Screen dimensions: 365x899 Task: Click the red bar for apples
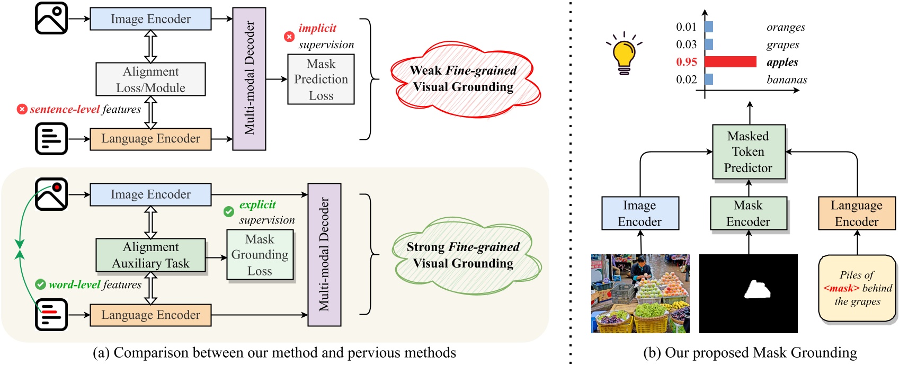(x=730, y=62)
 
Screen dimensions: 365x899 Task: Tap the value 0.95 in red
(x=686, y=62)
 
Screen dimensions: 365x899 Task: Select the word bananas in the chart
(x=787, y=79)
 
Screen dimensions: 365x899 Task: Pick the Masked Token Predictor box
(x=748, y=152)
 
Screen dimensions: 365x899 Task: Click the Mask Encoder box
(x=748, y=213)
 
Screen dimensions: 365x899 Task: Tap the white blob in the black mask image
(x=757, y=290)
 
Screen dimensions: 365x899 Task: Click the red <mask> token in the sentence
(x=841, y=288)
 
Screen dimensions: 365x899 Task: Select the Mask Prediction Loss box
(x=321, y=79)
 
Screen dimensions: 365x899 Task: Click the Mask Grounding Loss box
(x=260, y=255)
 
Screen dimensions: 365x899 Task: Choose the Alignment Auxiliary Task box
(x=150, y=255)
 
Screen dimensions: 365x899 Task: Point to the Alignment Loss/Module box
(x=150, y=79)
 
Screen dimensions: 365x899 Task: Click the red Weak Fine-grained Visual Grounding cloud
(x=464, y=79)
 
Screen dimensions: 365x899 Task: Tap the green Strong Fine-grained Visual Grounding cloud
(x=464, y=255)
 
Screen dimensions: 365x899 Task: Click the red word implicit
(x=317, y=28)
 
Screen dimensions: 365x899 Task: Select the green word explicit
(x=257, y=204)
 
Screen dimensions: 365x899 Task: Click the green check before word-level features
(x=40, y=284)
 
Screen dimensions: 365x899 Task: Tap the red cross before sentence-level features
(x=22, y=109)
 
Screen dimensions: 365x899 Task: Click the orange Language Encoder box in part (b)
(x=857, y=213)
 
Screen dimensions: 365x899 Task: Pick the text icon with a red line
(x=51, y=315)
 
